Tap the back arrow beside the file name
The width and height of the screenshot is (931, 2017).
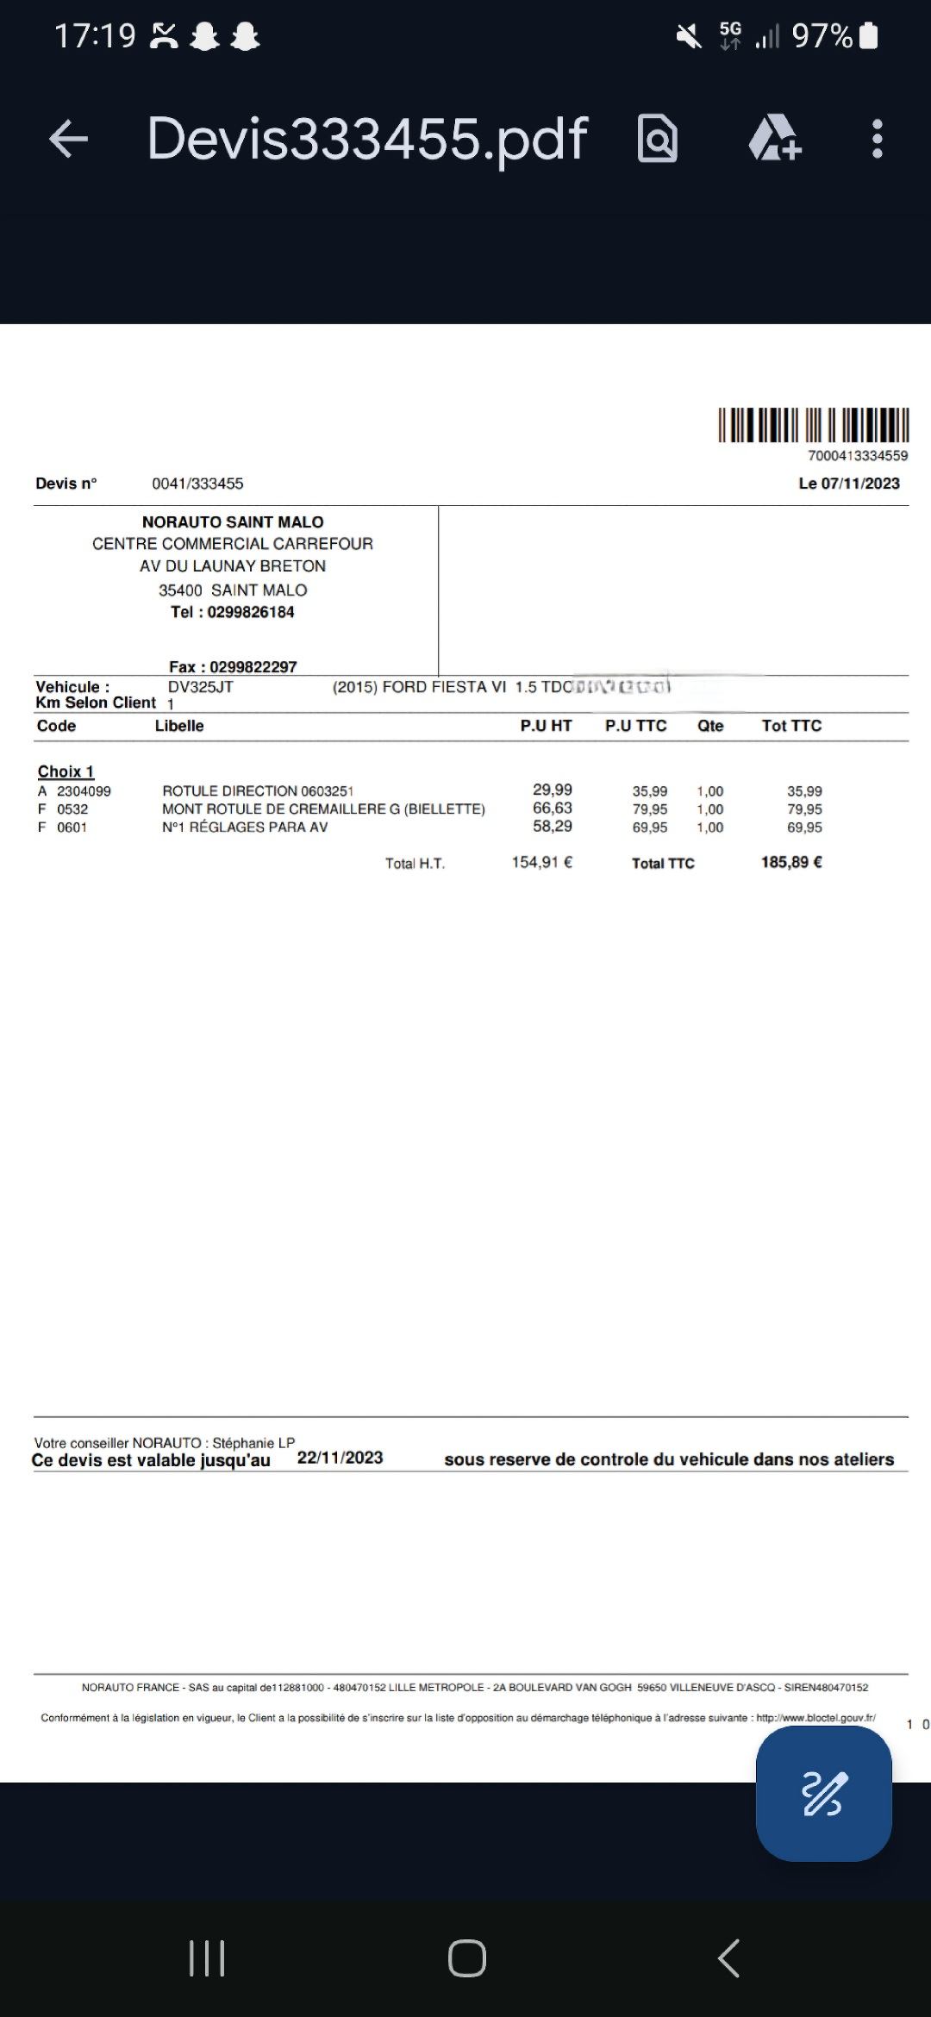click(x=69, y=139)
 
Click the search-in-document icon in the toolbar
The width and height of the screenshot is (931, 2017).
click(x=658, y=139)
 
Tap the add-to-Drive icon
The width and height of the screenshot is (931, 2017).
click(x=774, y=139)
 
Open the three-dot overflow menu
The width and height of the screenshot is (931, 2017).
click(x=877, y=139)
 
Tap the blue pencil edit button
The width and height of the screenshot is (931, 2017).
click(x=823, y=1794)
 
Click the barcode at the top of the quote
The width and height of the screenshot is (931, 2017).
click(x=813, y=425)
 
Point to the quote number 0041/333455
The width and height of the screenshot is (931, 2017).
click(x=197, y=484)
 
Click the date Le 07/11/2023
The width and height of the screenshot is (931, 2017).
click(x=848, y=484)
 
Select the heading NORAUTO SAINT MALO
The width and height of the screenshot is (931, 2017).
click(x=233, y=522)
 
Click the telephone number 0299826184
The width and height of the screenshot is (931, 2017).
click(x=251, y=612)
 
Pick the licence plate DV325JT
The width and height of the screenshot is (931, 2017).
click(x=200, y=687)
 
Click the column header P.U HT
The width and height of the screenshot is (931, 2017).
click(x=546, y=726)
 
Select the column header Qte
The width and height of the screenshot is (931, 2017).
click(x=710, y=726)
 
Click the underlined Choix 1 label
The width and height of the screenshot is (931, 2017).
click(x=66, y=771)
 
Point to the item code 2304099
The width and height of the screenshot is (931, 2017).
click(x=84, y=791)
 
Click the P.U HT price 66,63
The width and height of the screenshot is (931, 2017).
click(x=552, y=809)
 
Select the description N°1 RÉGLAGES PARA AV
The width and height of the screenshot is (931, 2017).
click(x=245, y=827)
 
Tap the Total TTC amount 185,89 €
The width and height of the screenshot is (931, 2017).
click(x=791, y=862)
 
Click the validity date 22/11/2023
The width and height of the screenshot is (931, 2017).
click(x=340, y=1458)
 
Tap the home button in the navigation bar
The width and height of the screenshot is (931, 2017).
click(x=466, y=1958)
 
